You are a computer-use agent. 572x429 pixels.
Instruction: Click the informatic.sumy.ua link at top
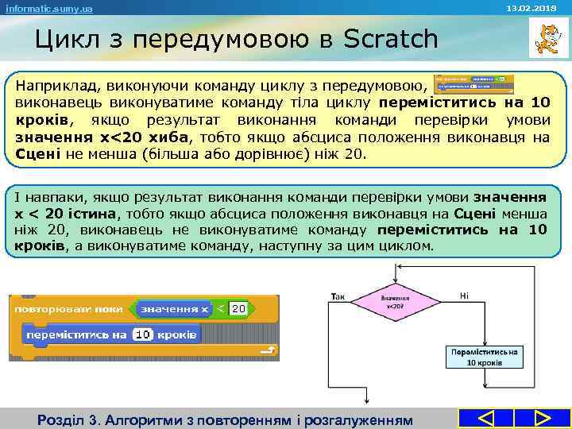pyautogui.click(x=49, y=9)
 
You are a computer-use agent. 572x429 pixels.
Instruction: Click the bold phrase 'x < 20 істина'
pyautogui.click(x=64, y=213)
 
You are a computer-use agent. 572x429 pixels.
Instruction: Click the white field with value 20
pyautogui.click(x=238, y=307)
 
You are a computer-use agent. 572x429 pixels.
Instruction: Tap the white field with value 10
pyautogui.click(x=142, y=334)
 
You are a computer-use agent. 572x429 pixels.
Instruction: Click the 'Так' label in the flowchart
pyautogui.click(x=337, y=296)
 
